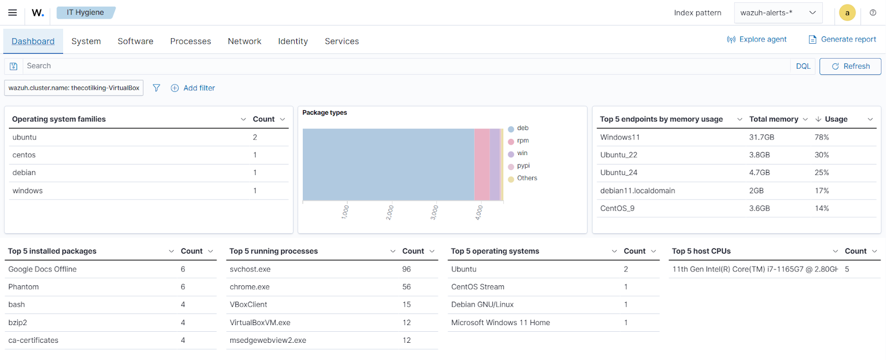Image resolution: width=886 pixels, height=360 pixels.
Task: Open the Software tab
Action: tap(135, 41)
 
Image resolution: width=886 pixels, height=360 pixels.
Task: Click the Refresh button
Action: tap(850, 66)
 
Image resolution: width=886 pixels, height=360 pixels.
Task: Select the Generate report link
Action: tap(842, 39)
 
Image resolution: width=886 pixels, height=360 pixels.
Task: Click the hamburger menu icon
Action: tap(12, 12)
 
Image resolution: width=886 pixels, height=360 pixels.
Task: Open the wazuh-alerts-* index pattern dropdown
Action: tap(778, 13)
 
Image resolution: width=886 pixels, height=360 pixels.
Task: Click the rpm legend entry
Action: tap(523, 141)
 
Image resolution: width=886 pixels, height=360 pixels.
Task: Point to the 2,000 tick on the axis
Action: tap(390, 212)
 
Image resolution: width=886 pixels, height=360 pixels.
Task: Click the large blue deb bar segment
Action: tap(388, 164)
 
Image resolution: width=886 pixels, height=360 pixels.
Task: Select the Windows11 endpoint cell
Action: tap(620, 137)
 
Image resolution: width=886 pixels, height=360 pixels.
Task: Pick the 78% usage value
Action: tap(822, 137)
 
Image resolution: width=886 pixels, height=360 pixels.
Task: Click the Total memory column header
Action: tap(774, 119)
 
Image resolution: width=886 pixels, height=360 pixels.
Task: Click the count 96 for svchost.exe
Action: tap(406, 269)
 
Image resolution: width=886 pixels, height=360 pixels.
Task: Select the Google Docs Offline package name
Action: tap(43, 269)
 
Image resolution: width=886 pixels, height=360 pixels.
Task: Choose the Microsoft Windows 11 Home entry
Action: tap(501, 322)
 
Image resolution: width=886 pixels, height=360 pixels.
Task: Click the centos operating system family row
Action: tap(24, 155)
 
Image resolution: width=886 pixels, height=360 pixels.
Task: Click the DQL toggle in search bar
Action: tap(803, 66)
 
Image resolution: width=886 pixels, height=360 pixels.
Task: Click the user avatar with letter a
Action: tap(847, 13)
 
